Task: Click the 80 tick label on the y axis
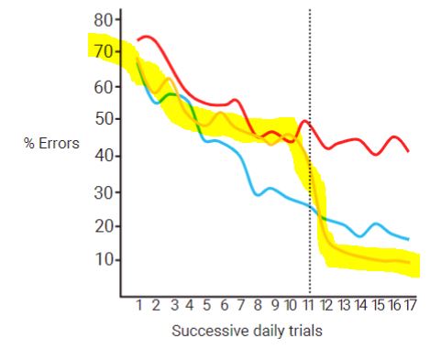click(104, 20)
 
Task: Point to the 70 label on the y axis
click(104, 53)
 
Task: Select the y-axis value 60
click(104, 87)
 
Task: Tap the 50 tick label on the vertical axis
click(104, 120)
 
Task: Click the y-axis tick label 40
click(104, 156)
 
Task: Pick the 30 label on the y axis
click(104, 192)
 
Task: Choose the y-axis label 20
click(104, 226)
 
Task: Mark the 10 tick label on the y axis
click(104, 260)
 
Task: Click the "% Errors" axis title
click(53, 143)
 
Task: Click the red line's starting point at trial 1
click(138, 39)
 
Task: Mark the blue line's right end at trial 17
click(408, 239)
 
